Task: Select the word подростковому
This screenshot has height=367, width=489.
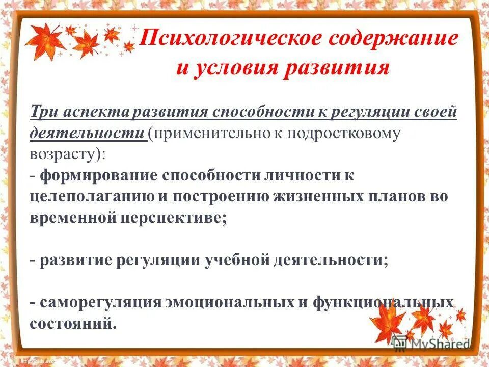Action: [346, 134]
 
